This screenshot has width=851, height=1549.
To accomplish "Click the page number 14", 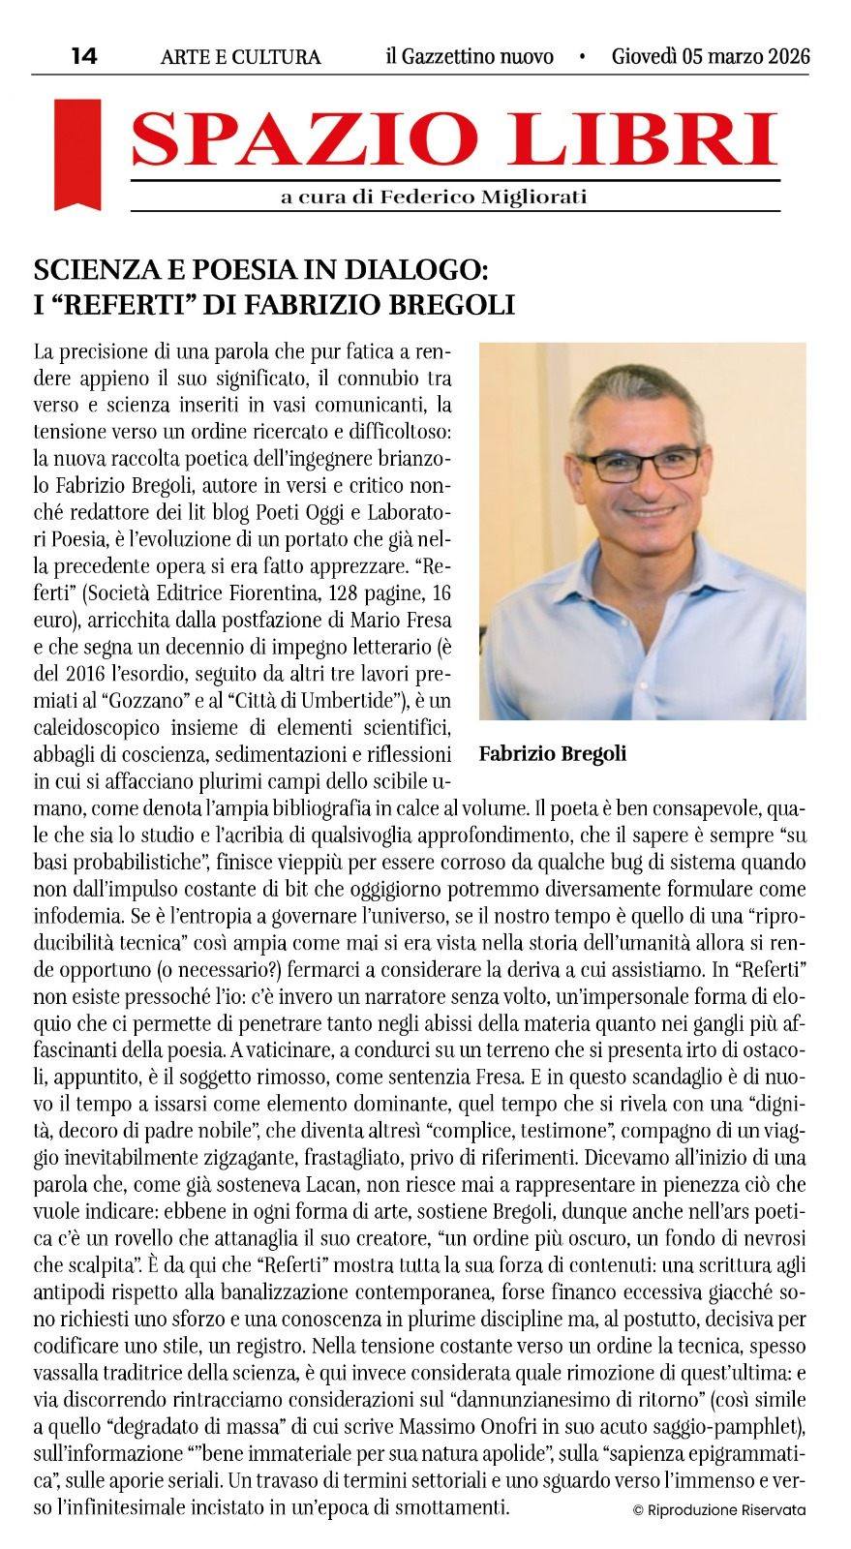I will click(x=84, y=56).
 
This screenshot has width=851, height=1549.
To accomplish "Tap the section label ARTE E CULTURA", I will click(x=240, y=57).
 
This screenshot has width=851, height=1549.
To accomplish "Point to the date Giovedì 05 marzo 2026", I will click(x=711, y=56).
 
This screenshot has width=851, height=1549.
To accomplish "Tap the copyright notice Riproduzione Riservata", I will click(x=718, y=1508).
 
